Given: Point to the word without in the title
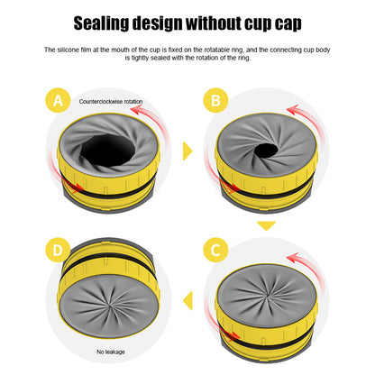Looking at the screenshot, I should click(237, 23).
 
